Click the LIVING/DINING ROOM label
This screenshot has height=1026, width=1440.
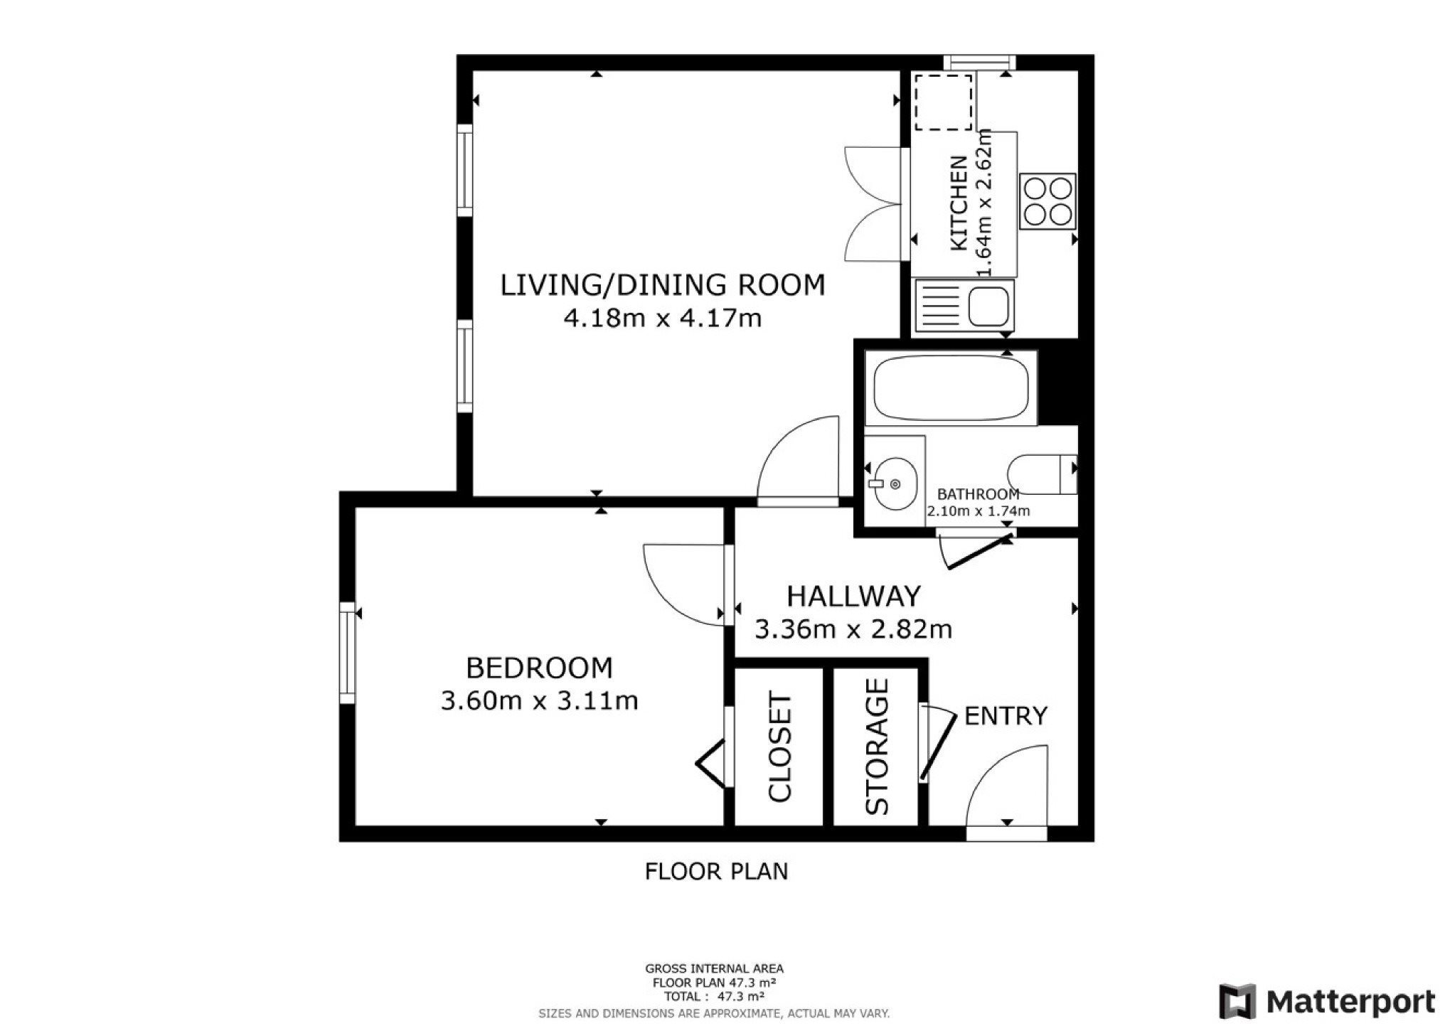click(x=662, y=285)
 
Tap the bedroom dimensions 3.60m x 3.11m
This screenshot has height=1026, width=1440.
click(x=539, y=701)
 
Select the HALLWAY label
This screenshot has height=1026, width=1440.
click(x=853, y=596)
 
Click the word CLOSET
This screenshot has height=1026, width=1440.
click(x=780, y=748)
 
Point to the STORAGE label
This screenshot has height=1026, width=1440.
click(x=877, y=747)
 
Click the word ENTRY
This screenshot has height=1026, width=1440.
click(x=1006, y=716)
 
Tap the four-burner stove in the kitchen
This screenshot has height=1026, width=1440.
click(x=1047, y=201)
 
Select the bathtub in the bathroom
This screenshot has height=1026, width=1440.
click(x=951, y=388)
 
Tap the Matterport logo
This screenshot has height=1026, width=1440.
click(x=1328, y=1002)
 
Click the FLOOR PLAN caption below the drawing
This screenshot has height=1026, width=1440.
click(x=716, y=872)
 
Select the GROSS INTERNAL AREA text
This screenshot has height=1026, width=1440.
click(x=714, y=968)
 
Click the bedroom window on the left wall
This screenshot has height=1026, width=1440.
click(x=347, y=653)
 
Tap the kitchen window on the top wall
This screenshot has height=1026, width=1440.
click(x=980, y=63)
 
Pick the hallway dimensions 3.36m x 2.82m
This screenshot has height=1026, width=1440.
click(x=853, y=629)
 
